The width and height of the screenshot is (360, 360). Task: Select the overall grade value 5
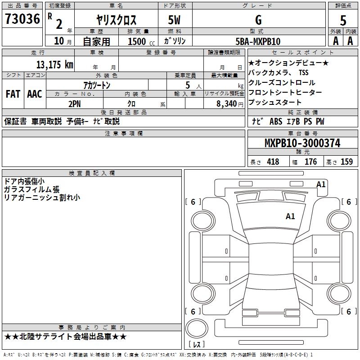pos(343,20)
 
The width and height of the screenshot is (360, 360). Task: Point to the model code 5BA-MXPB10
pos(258,41)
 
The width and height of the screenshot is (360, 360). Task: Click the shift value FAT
pos(13,94)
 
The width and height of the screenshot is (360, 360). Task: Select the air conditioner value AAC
pos(34,94)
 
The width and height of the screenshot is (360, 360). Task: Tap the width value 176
pos(310,162)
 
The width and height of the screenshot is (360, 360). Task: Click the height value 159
pos(346,162)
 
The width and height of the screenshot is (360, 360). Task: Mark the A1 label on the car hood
pos(290,216)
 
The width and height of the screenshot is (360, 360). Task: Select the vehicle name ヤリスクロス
pos(116,20)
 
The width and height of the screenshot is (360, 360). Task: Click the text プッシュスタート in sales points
pos(275,103)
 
